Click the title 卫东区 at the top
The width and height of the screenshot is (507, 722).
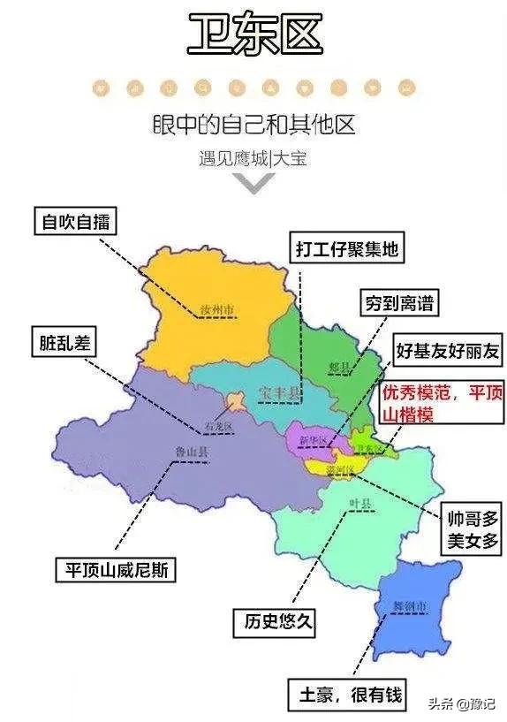coord(253,35)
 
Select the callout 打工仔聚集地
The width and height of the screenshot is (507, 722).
coord(346,249)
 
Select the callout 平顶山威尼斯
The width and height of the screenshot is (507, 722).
coord(115,570)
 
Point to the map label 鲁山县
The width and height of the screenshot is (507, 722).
coord(186,452)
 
